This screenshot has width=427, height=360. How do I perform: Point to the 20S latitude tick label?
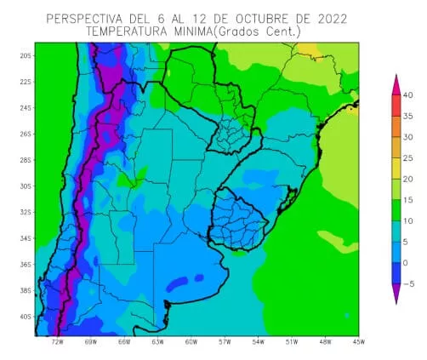pos(26,55)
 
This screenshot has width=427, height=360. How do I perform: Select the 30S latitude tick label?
pos(26,186)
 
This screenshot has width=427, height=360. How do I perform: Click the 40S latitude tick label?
pos(26,317)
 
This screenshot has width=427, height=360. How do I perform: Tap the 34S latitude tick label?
pos(26,238)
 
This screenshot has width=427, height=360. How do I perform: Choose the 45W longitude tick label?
pos(358,343)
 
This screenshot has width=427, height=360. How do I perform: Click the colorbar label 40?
pos(407,94)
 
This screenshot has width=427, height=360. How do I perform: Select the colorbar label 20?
pos(407,179)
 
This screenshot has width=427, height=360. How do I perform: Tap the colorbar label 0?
pos(407,263)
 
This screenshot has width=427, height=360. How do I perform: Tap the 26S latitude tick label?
pos(26,134)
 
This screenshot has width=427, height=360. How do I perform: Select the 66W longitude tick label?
pos(124,343)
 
